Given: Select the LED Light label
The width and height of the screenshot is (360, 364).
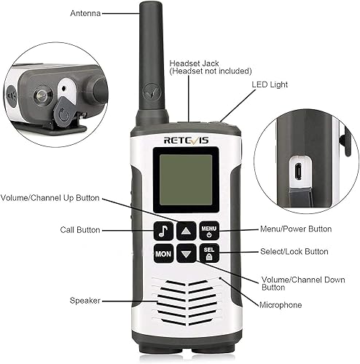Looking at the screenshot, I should tap(269, 84).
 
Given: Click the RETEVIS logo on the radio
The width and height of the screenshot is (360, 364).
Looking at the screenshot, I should tap(186, 134).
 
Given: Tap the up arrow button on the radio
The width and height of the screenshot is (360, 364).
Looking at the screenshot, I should tap(187, 231).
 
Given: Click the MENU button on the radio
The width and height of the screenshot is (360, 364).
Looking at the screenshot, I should tap(210, 231).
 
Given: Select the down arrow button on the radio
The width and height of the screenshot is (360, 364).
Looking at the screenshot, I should tap(187, 255).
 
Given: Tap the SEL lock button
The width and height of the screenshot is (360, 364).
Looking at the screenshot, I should tap(210, 255).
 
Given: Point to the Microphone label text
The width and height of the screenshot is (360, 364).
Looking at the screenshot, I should tap(280, 304).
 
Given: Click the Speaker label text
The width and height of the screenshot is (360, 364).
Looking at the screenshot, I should tap(85, 300).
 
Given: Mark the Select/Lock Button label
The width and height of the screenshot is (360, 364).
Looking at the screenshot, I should tap(294, 252).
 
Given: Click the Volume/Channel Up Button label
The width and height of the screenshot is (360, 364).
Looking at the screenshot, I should tap(50, 197).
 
